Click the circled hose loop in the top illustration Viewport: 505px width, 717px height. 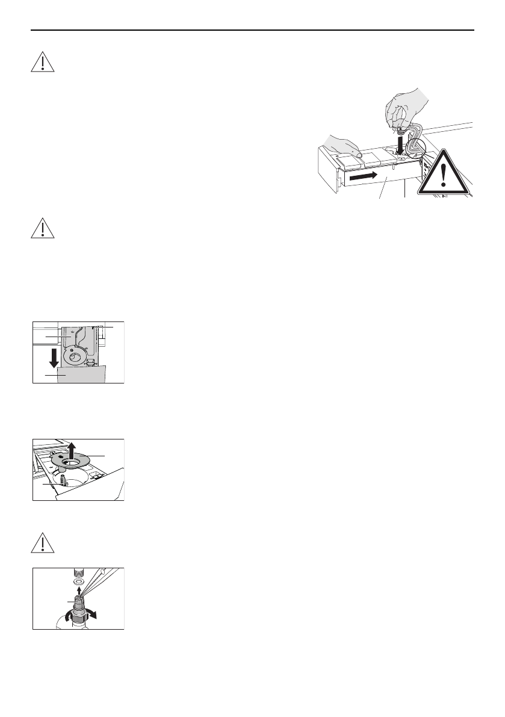[416, 147]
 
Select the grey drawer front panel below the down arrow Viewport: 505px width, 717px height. [81, 374]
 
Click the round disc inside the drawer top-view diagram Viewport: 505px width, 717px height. [75, 356]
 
